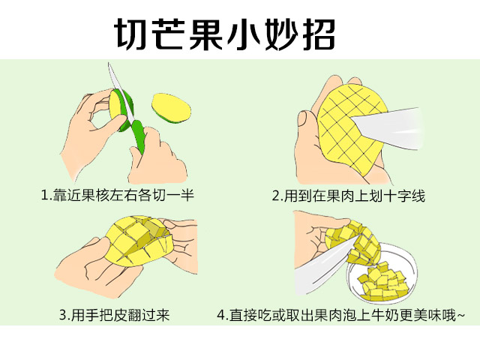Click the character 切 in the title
click(130, 33)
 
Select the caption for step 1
click(117, 196)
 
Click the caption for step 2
click(349, 196)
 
